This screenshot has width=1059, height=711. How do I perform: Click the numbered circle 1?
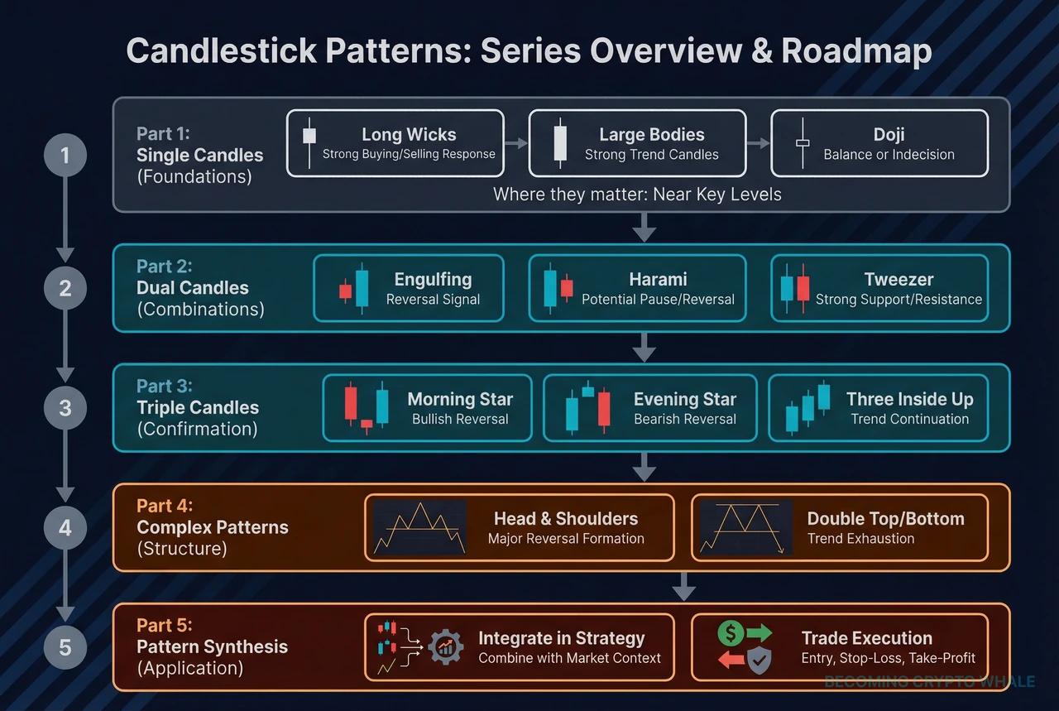click(x=65, y=155)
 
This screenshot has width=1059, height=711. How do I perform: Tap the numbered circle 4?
click(x=65, y=527)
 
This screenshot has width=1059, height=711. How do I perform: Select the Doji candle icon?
click(x=802, y=143)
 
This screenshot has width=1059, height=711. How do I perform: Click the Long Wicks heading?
click(x=409, y=134)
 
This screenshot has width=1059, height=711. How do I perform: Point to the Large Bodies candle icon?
click(x=560, y=143)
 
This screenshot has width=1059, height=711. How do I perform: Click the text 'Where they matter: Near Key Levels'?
click(x=637, y=195)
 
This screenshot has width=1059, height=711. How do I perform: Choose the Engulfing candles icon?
click(x=354, y=288)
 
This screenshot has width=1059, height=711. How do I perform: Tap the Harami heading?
click(x=657, y=279)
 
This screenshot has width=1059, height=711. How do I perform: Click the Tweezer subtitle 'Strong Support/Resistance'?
click(x=898, y=300)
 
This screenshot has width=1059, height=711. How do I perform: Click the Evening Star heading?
click(x=684, y=399)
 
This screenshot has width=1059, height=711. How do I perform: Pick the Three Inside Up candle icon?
click(x=807, y=407)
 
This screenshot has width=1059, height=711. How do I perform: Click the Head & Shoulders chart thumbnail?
click(x=419, y=527)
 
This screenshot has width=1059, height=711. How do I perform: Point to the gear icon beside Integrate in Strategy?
click(x=445, y=647)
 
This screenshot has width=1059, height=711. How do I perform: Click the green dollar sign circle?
click(x=731, y=634)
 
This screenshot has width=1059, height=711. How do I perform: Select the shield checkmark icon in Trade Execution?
click(x=760, y=660)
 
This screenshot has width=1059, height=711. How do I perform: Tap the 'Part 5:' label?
click(x=165, y=625)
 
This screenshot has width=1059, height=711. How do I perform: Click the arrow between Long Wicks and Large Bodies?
click(x=515, y=143)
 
